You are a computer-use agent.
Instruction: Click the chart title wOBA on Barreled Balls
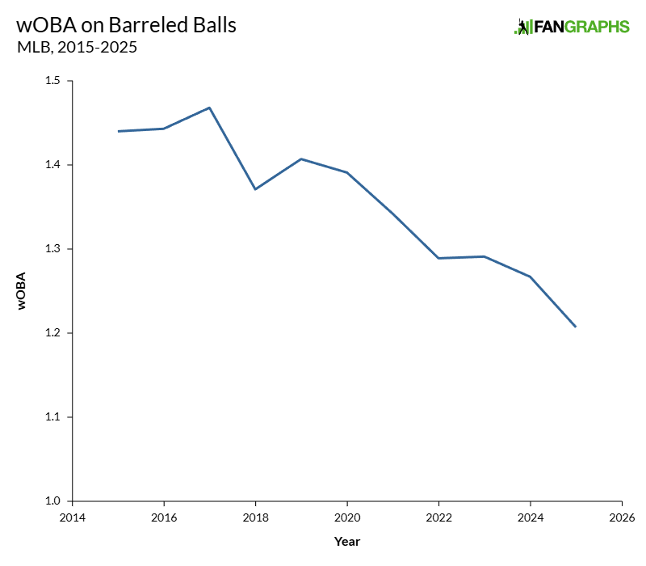pos(126,24)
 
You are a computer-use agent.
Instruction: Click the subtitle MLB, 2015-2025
pos(77,48)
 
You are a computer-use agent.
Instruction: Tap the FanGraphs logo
pos(572,27)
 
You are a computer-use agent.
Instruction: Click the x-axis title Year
pos(346,541)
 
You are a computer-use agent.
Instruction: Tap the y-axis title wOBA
pos(21,291)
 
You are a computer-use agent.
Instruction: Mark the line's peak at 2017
pos(210,108)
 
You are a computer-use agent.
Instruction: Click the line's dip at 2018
pos(255,189)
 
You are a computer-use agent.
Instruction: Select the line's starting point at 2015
pos(119,131)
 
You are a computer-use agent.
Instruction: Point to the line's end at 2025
pos(575,327)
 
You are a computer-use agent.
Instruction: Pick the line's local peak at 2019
pos(301,158)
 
